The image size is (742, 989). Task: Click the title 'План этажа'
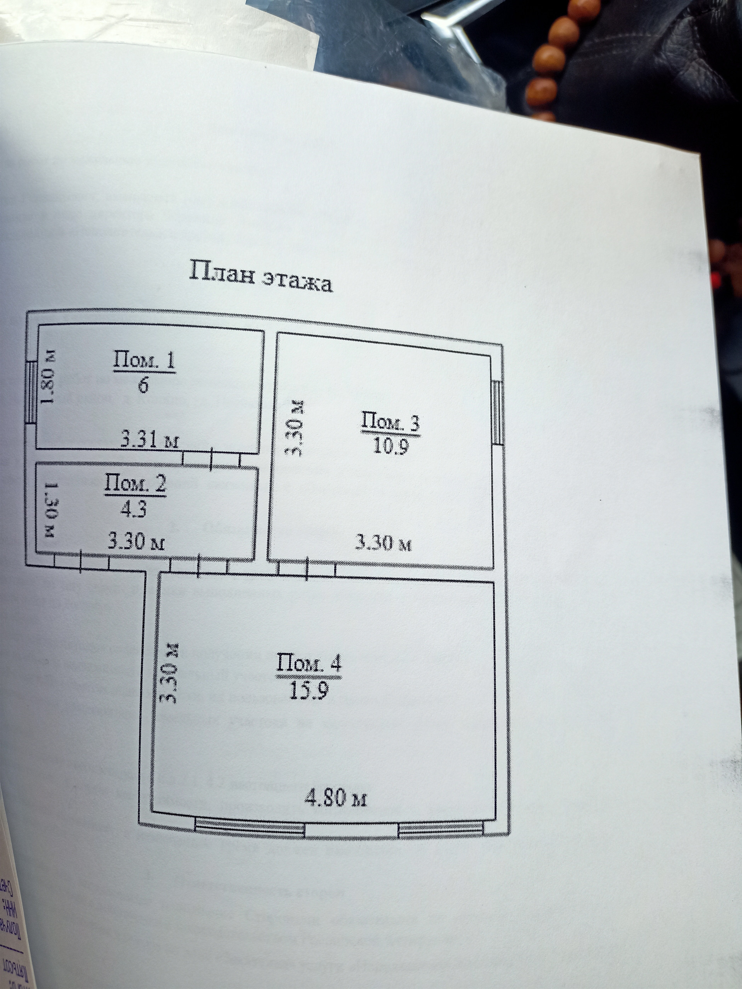tap(261, 276)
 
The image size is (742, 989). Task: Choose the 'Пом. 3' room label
tap(390, 423)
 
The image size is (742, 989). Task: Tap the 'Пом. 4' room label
tap(309, 663)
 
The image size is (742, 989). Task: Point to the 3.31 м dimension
tap(150, 440)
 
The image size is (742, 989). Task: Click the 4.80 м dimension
tap(335, 798)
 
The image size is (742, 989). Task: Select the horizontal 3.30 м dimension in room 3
tap(383, 543)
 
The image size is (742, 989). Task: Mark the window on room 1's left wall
tap(31, 392)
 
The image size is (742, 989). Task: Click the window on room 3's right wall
tap(497, 412)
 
